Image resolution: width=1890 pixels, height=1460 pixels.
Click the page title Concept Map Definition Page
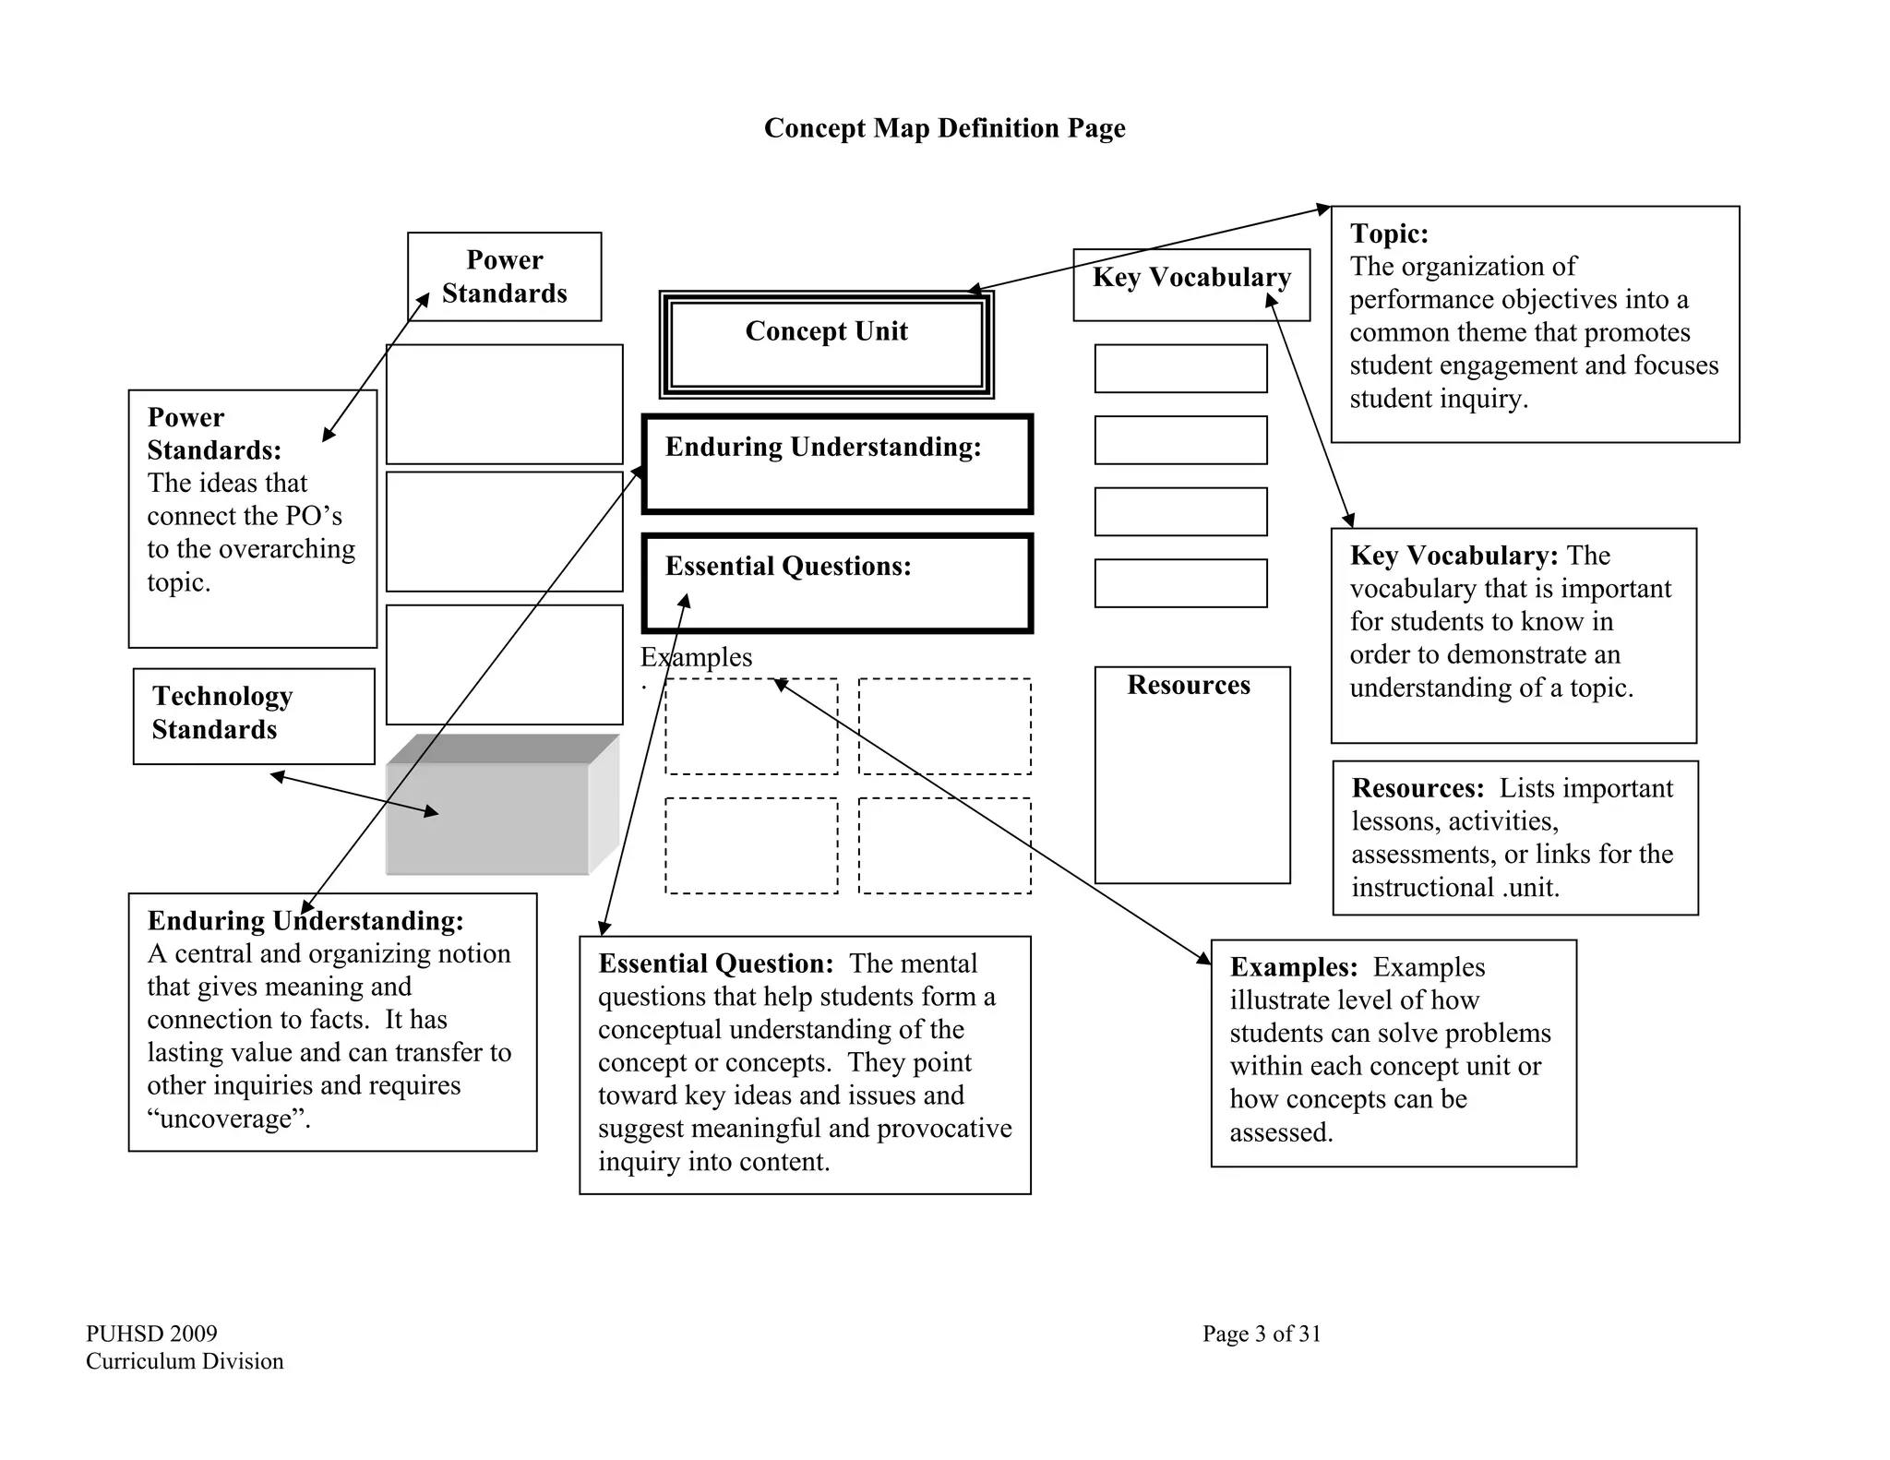944,128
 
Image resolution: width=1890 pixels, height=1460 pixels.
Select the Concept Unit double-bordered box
826,343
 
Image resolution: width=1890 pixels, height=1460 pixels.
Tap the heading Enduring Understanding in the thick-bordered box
823,448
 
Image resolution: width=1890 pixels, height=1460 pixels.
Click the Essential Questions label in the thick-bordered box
788,567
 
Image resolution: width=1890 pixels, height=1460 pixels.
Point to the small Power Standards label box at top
504,276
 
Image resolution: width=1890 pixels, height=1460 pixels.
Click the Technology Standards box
254,715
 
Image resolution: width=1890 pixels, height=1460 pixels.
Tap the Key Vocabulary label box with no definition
1190,279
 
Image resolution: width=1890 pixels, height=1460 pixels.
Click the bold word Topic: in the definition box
1389,234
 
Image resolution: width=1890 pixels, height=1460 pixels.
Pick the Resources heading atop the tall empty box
1189,686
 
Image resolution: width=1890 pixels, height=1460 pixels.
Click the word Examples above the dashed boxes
697,658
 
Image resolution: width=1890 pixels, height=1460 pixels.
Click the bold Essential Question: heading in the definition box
716,964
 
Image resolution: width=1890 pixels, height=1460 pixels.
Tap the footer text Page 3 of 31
1262,1334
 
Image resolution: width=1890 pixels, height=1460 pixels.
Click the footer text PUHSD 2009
151,1334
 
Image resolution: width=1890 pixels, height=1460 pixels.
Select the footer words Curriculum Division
185,1361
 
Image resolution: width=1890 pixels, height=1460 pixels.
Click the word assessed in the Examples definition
1281,1132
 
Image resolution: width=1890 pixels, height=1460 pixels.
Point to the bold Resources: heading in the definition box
1417,789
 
